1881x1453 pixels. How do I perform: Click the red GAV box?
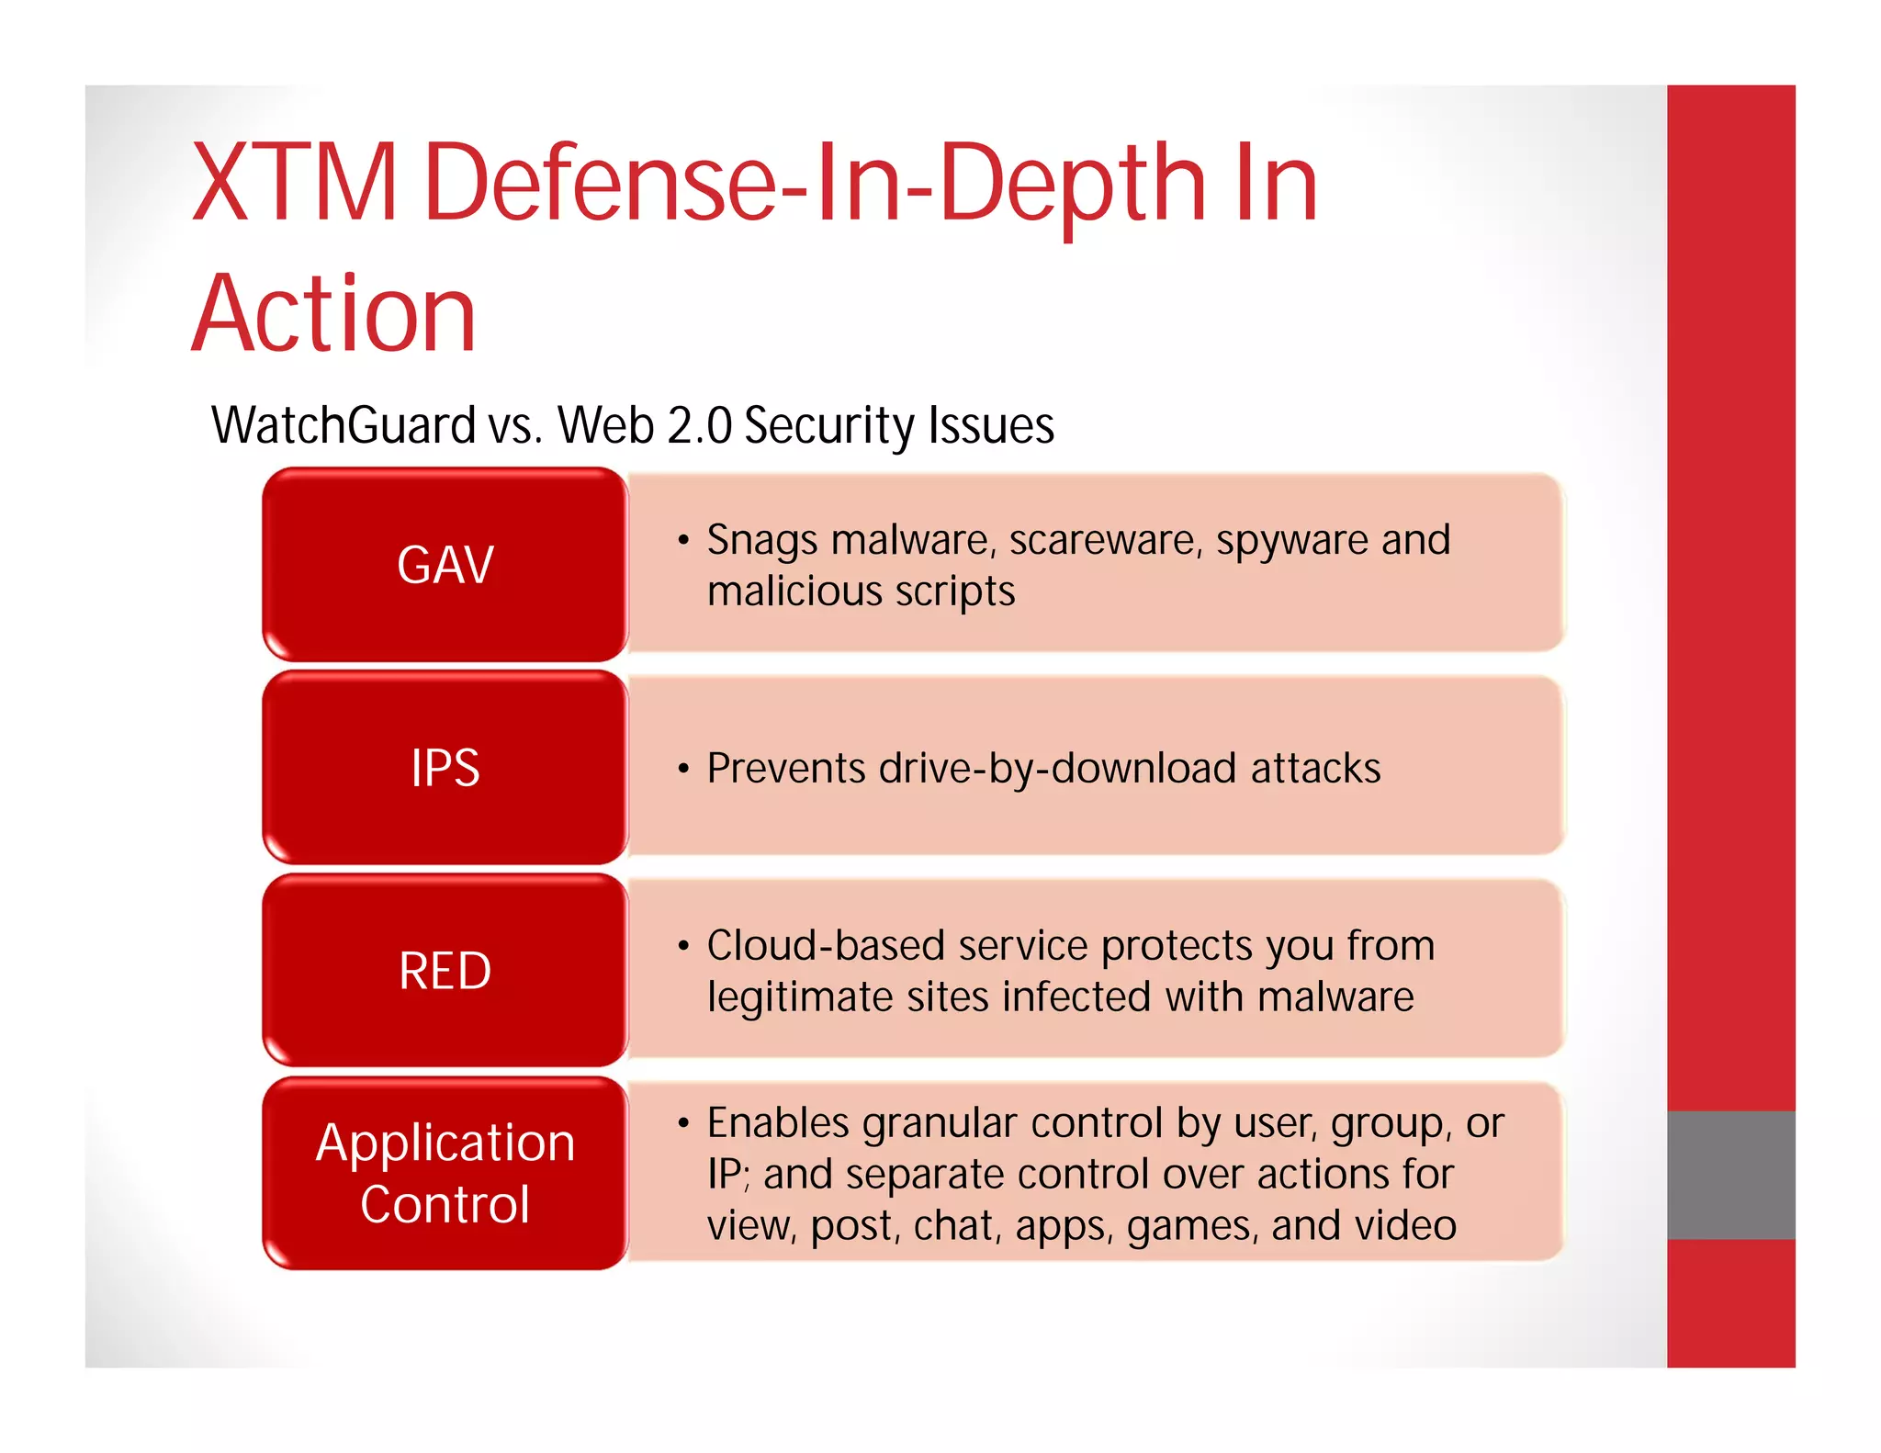coord(445,564)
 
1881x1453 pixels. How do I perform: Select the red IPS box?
coord(445,768)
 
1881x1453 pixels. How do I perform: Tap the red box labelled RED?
coord(445,971)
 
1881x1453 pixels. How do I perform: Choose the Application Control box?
coord(445,1173)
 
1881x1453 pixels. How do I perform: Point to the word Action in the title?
coord(334,314)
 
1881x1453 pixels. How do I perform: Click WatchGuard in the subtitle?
coord(344,425)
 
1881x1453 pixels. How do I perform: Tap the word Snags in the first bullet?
coord(761,540)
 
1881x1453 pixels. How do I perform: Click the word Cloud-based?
coord(826,946)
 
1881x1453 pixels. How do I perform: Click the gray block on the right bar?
coord(1730,1175)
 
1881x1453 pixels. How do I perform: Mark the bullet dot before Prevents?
coord(682,768)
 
